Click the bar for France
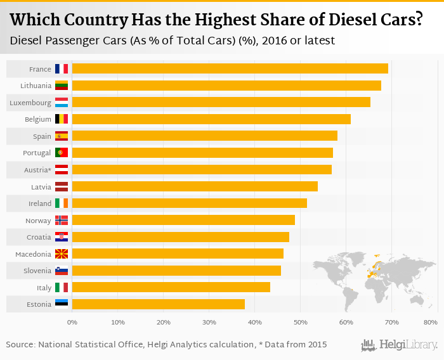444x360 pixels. click(x=230, y=68)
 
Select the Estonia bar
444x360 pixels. click(x=159, y=304)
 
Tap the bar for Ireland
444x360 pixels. click(x=190, y=203)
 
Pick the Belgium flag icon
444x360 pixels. click(x=62, y=119)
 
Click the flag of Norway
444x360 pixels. click(x=62, y=220)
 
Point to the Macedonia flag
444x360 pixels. click(x=62, y=254)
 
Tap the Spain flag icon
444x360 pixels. click(x=62, y=136)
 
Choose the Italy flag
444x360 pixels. click(x=62, y=287)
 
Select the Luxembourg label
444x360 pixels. click(x=30, y=102)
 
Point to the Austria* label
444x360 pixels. click(x=36, y=170)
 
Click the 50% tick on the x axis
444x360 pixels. click(x=300, y=323)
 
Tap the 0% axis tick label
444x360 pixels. click(x=72, y=323)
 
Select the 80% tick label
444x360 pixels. click(x=432, y=323)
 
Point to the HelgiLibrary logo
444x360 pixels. click(x=400, y=345)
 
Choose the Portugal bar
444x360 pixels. click(x=202, y=153)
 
